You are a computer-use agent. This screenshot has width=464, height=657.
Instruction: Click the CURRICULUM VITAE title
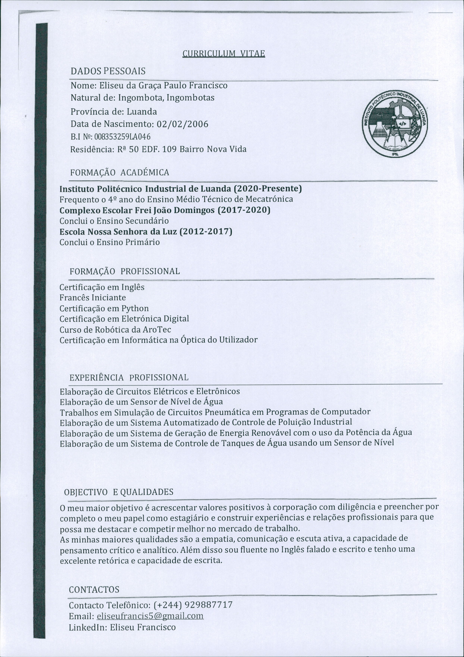coord(224,54)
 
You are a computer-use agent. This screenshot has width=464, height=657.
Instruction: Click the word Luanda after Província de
coord(142,111)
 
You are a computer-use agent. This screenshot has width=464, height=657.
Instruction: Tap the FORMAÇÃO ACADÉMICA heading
coord(120,173)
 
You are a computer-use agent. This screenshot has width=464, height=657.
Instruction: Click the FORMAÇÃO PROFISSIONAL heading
coord(125,271)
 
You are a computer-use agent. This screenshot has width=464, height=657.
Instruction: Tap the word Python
coord(135,308)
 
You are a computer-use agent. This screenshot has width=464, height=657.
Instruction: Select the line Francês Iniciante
coord(93,298)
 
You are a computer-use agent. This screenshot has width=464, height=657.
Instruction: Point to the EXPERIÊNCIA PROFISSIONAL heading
coord(129,377)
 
